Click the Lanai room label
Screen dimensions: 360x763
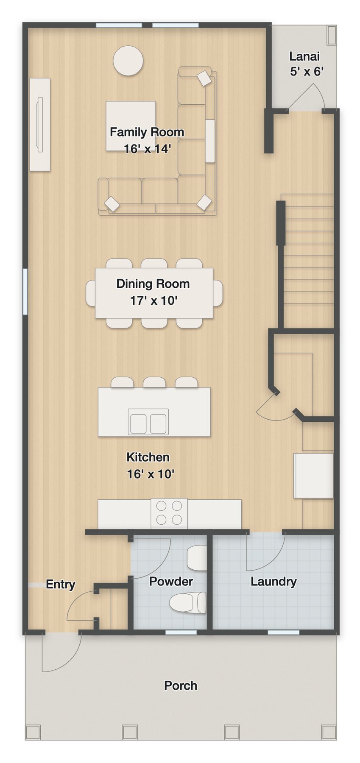(x=304, y=56)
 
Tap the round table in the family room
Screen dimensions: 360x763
(x=128, y=61)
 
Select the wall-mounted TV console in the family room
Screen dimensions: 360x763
(x=40, y=125)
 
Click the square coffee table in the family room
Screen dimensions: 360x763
(x=131, y=126)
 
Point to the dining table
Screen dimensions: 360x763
(x=154, y=293)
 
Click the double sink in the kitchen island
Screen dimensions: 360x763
(x=148, y=422)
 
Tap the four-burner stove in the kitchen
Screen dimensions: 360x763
(x=169, y=513)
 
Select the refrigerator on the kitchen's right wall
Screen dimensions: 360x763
(x=314, y=476)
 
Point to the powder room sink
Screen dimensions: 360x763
(x=197, y=558)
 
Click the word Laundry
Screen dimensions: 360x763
(x=273, y=581)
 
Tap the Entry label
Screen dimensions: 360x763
(x=61, y=584)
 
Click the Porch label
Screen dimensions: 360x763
(x=181, y=685)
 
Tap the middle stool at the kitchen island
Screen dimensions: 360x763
(x=154, y=382)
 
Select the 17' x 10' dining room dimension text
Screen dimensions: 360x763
(x=153, y=301)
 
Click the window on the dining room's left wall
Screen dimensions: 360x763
(x=25, y=292)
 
